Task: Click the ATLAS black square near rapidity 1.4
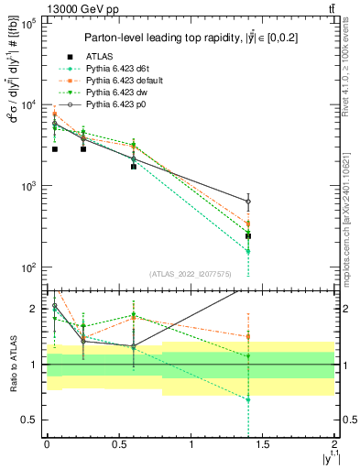tap(248, 236)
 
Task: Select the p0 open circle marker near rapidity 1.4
tap(248, 202)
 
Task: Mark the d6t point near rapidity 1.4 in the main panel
tap(248, 251)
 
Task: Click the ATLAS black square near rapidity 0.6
tap(134, 167)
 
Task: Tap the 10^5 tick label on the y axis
tap(27, 24)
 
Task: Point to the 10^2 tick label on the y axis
tap(27, 268)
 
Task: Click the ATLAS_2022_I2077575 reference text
tap(191, 273)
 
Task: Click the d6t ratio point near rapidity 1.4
tap(248, 399)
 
